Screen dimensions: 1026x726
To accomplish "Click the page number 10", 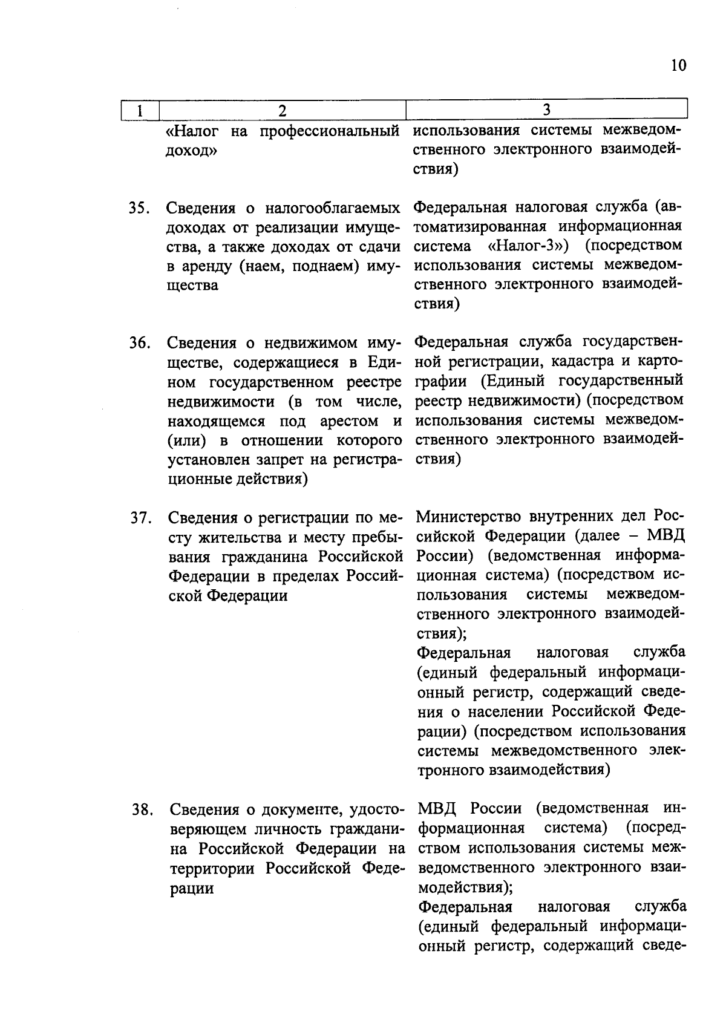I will click(x=679, y=65).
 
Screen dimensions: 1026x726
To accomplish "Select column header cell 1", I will click(x=140, y=110).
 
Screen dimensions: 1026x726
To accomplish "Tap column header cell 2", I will click(x=281, y=110).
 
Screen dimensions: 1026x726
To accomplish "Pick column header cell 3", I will click(x=546, y=109).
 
